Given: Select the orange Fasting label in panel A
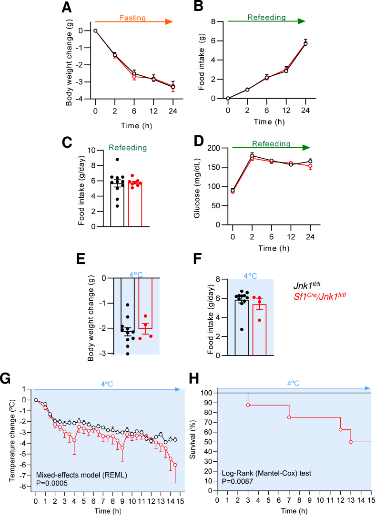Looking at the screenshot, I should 132,18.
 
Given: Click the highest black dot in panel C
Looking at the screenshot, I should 117,160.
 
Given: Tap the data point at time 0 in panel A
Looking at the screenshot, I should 95,30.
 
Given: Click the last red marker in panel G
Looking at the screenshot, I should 175,465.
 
